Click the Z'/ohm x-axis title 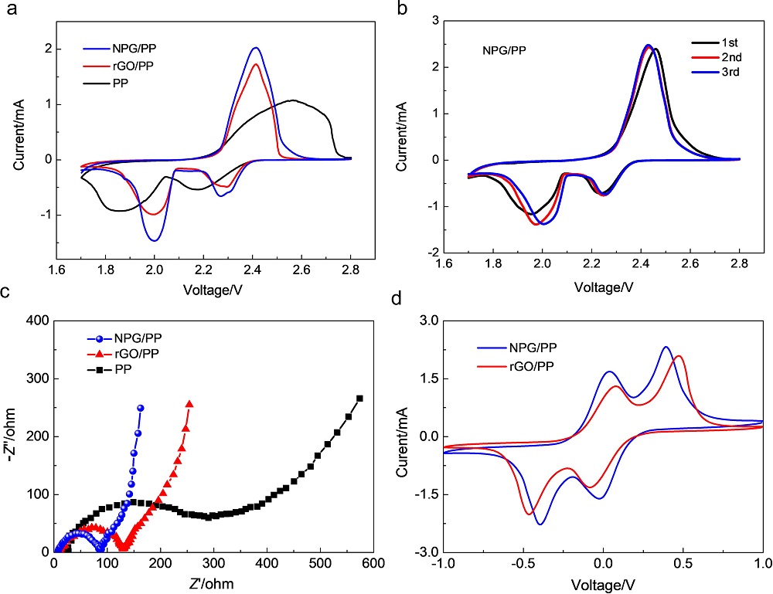207,581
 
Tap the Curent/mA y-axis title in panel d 403,436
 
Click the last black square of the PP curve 359,399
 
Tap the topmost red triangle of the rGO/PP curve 189,404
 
